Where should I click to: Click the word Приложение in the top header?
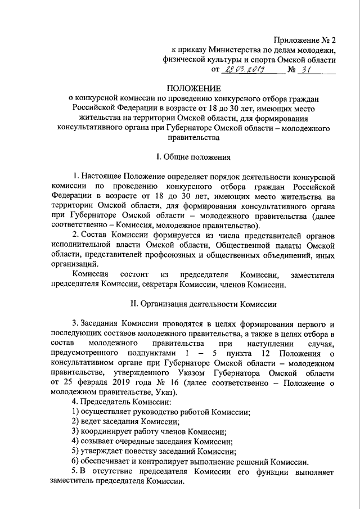tap(295, 40)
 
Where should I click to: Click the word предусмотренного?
tap(85, 352)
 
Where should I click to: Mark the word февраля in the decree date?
tap(92, 382)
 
